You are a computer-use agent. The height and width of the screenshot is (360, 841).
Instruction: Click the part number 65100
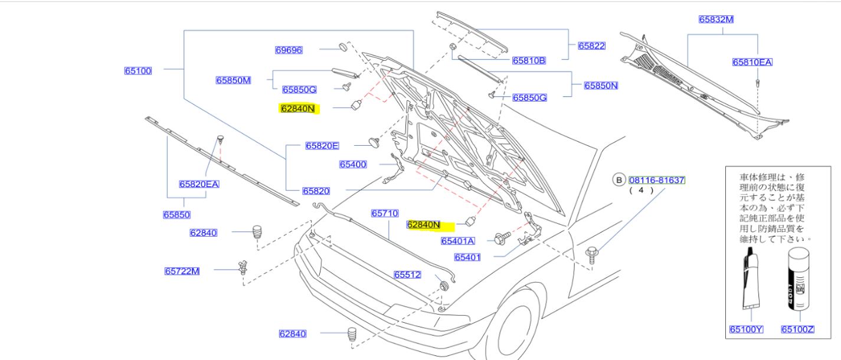coord(138,71)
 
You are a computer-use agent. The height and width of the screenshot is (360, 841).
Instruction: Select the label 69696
coord(289,50)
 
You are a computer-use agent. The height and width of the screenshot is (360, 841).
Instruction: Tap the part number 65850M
coord(233,80)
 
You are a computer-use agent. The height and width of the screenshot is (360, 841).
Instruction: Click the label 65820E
coord(322,146)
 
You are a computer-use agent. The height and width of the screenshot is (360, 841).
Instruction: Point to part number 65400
coord(353,164)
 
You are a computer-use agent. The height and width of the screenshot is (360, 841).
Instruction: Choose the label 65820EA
coord(199,184)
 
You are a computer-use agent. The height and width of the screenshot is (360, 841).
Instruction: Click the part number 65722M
coord(182,271)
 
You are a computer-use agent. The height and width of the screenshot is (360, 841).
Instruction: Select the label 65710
coord(385,213)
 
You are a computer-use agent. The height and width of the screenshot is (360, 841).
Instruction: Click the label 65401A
coord(457,241)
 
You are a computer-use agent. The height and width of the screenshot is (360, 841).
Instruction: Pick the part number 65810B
coord(529,60)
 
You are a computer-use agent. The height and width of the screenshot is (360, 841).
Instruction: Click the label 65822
coord(591,45)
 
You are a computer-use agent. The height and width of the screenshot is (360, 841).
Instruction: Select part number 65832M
coord(716,19)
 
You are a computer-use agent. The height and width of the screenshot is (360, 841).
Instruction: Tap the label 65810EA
coord(752,62)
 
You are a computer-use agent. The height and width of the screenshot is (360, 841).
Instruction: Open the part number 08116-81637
coord(656,180)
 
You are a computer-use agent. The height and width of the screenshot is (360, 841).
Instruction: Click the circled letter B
coord(619,180)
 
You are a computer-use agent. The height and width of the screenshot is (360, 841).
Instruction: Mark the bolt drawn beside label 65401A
coord(499,239)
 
